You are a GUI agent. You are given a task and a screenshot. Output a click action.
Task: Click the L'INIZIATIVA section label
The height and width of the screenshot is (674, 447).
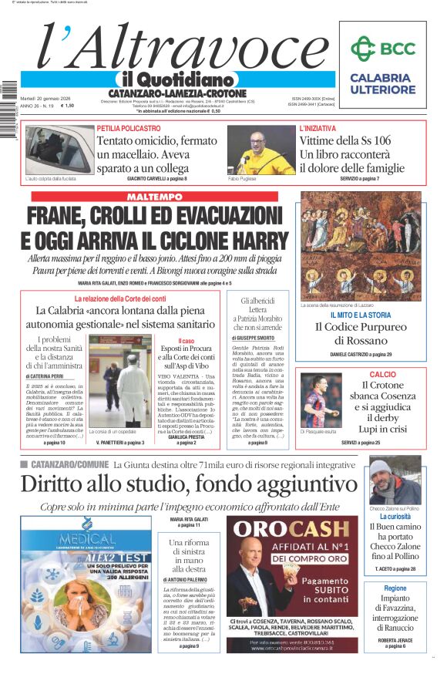318,128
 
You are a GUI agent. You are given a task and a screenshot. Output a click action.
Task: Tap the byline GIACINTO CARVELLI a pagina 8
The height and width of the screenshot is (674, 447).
156,179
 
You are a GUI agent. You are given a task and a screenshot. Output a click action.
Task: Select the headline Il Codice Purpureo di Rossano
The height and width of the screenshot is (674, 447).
361,333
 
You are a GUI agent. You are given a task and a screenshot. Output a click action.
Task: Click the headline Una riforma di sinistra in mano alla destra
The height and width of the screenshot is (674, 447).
189,556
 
